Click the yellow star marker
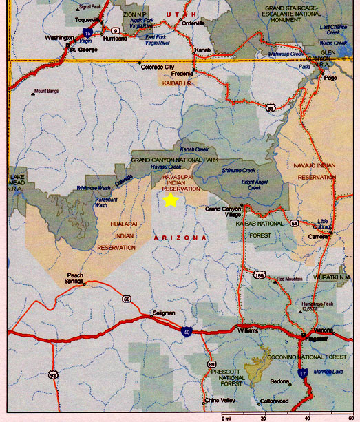click(x=170, y=200)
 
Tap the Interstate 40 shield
click(x=187, y=332)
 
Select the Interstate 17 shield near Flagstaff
click(x=302, y=374)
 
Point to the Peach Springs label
click(x=75, y=277)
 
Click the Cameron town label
click(x=320, y=235)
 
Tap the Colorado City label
click(x=158, y=67)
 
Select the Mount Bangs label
click(x=46, y=91)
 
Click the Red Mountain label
click(x=290, y=279)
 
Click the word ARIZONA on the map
click(x=180, y=238)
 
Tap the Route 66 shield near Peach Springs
click(x=127, y=299)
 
